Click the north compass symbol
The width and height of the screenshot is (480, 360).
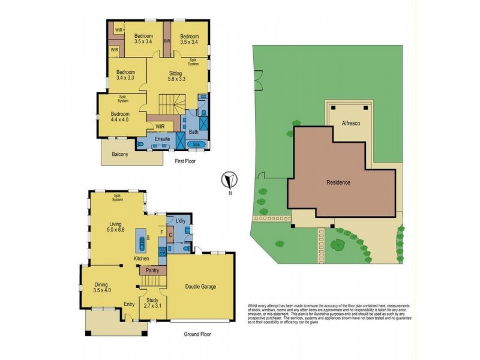[229, 180]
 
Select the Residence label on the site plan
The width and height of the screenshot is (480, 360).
[338, 182]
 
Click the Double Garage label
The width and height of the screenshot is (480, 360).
[200, 286]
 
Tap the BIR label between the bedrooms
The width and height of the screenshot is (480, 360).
[167, 41]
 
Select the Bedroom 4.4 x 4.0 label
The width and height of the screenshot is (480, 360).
[120, 118]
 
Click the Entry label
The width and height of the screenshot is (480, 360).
[130, 304]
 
